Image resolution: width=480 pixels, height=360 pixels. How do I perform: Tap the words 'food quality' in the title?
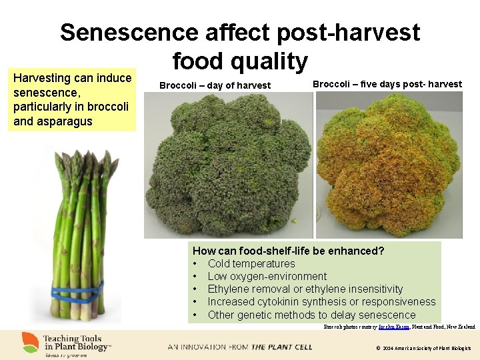point(240,61)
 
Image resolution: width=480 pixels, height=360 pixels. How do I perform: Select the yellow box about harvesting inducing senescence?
point(72,99)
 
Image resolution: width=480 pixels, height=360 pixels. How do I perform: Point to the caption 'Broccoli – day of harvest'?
point(215,85)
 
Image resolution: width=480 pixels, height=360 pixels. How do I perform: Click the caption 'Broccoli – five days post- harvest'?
point(387,84)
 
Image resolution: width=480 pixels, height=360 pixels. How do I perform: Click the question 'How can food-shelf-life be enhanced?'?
point(288,251)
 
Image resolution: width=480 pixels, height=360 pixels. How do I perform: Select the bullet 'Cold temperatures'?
point(251,264)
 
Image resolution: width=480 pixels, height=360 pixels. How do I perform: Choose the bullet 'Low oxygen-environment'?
point(267,277)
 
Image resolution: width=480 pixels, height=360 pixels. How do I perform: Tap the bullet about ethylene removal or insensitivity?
point(305,289)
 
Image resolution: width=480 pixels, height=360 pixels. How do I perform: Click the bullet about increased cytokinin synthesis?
point(321,302)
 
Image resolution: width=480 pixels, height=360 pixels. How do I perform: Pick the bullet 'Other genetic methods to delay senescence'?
point(311,315)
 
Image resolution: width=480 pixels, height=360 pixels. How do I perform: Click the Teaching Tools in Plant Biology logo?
point(67,343)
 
